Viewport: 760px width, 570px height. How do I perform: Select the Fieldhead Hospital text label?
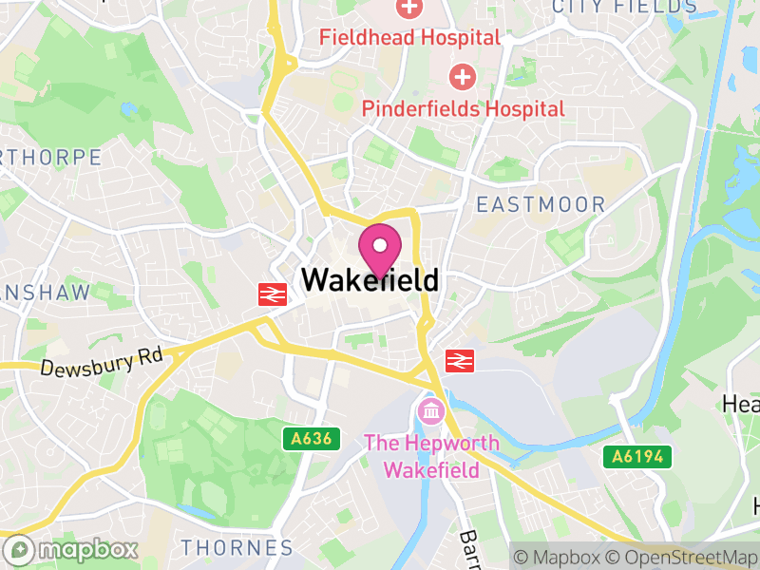[409, 38]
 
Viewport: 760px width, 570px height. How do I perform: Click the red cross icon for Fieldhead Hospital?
[409, 9]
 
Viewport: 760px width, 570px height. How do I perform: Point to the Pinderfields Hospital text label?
[463, 108]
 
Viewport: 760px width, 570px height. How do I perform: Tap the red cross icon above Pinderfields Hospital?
[463, 76]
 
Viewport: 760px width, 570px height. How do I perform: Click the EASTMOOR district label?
[541, 204]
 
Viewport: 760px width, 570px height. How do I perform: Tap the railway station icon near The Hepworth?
[460, 361]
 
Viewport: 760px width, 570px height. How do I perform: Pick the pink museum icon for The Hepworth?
[429, 412]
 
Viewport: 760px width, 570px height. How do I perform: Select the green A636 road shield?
[311, 438]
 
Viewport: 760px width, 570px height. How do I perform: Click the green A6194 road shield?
[637, 457]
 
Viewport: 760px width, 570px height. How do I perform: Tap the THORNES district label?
[237, 548]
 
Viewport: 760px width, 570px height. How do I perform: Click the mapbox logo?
[72, 549]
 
